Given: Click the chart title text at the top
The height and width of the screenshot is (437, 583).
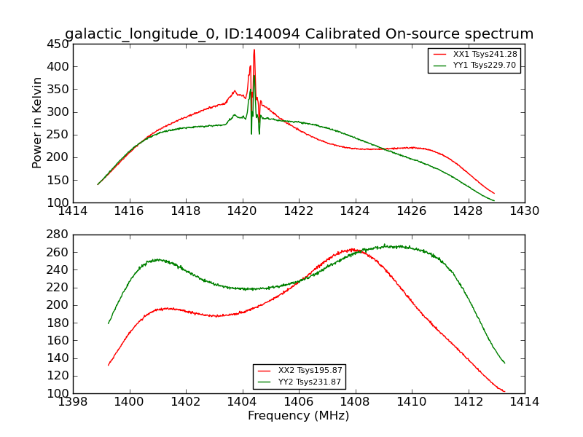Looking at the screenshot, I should click(299, 34).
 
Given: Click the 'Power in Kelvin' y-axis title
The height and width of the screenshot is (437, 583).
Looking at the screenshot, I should click(37, 123).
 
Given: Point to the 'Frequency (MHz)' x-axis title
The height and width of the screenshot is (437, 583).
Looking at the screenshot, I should click(298, 416).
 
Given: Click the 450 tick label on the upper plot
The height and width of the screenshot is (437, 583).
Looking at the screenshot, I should click(58, 44).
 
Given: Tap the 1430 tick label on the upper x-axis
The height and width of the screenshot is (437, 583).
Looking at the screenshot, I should click(524, 211).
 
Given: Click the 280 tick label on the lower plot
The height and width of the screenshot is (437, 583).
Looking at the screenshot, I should click(58, 235).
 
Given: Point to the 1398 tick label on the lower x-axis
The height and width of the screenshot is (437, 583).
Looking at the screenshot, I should click(73, 402).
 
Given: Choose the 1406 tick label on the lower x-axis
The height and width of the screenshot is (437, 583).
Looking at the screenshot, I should click(299, 402).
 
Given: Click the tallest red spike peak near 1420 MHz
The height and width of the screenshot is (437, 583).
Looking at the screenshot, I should click(254, 50).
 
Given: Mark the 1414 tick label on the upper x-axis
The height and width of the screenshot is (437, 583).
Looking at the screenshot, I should click(73, 211).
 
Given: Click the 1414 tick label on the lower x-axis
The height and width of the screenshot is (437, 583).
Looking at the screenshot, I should click(524, 402).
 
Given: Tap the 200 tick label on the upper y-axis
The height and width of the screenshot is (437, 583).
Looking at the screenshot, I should click(58, 157).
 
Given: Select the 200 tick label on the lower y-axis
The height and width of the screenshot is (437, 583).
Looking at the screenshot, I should click(58, 305).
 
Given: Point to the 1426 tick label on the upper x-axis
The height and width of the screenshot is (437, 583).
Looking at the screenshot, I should click(411, 211).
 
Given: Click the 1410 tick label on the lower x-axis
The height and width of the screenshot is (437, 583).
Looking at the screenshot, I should click(411, 402).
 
